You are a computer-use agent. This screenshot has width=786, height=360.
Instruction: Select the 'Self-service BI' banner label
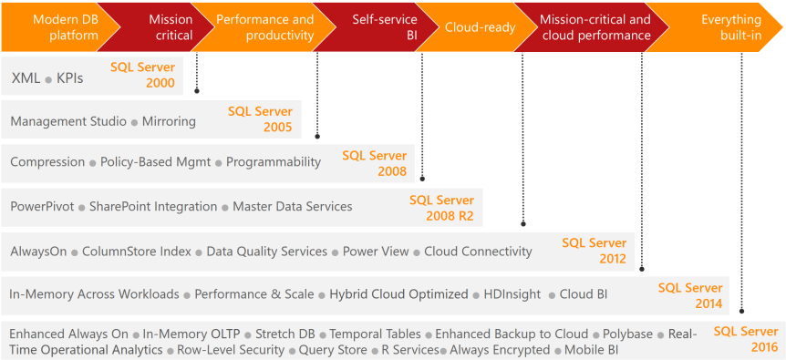click(385, 27)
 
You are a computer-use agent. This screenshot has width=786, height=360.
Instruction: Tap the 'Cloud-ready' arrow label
click(481, 27)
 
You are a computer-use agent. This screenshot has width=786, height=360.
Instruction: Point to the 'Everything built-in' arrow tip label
click(731, 27)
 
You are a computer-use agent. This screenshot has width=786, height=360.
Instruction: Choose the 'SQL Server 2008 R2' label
click(441, 208)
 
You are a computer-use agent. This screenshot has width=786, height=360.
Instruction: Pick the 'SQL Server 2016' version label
click(747, 339)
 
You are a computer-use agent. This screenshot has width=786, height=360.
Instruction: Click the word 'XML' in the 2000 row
click(25, 78)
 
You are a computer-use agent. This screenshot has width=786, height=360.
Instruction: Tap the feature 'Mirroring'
click(169, 121)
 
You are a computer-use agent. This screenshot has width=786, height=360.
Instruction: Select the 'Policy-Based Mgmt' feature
click(155, 162)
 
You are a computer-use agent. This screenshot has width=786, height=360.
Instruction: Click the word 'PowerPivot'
click(42, 206)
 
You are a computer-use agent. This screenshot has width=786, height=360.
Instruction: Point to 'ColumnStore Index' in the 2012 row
click(137, 251)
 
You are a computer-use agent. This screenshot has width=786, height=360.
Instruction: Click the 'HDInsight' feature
click(512, 294)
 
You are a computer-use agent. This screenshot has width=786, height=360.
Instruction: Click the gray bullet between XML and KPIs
click(48, 80)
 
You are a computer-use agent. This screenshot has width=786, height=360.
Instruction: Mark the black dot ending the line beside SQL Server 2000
click(197, 91)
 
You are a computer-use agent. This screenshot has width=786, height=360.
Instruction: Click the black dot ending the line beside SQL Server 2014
click(741, 312)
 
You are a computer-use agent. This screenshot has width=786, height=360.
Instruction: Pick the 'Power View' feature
click(376, 251)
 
